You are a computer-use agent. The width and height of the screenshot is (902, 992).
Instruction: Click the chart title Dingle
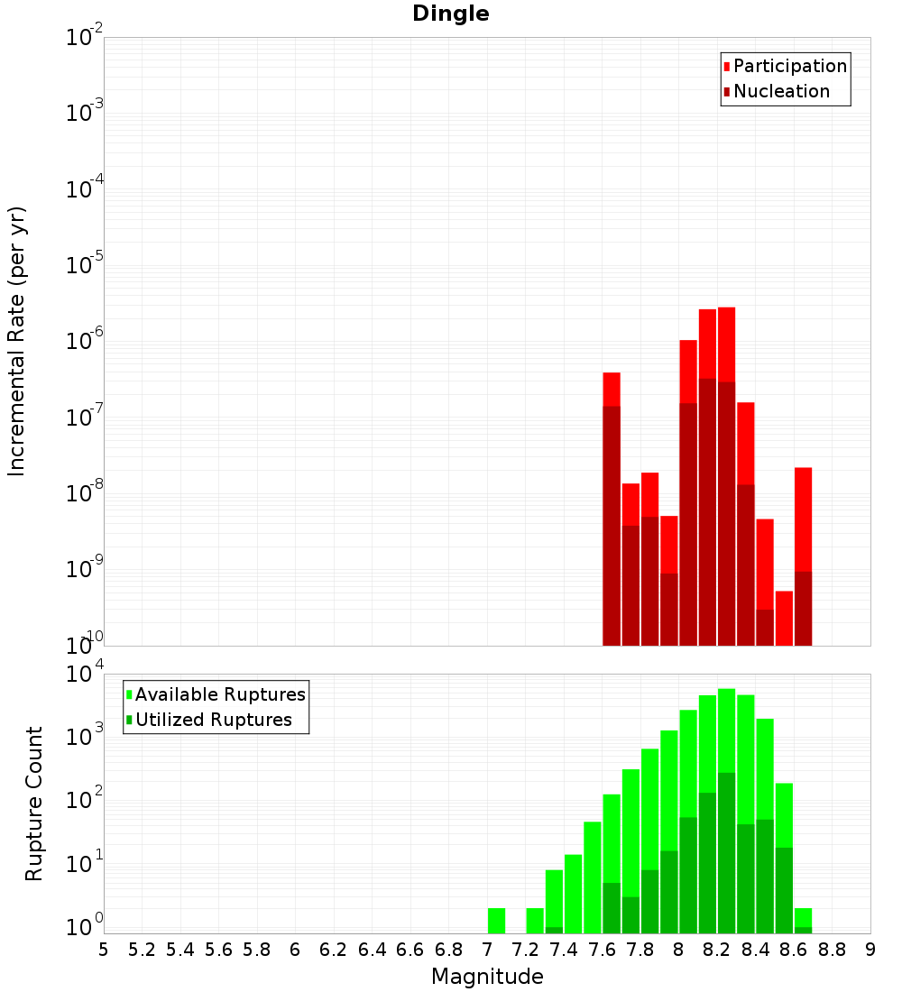[x=450, y=14]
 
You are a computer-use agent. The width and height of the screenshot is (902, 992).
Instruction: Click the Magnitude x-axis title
[x=487, y=977]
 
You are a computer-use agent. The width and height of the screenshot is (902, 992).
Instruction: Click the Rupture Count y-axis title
[x=34, y=803]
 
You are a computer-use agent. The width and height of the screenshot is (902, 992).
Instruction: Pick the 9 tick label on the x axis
[x=870, y=950]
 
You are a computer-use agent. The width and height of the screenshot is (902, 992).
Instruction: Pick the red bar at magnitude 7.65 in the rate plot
[x=612, y=389]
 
